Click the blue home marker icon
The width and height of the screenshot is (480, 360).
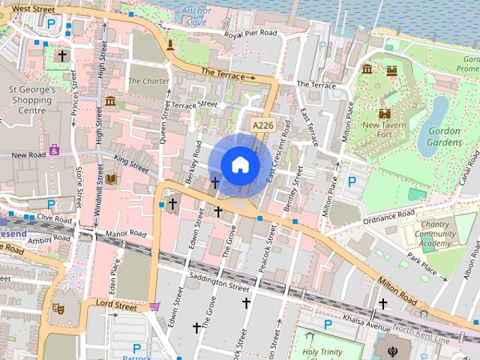coord(239,165)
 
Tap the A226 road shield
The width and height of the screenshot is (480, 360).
coord(262,125)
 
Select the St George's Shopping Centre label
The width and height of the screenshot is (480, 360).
coord(32,100)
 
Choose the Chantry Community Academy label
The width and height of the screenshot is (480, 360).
coord(435,234)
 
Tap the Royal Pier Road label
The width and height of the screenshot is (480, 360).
coord(257,34)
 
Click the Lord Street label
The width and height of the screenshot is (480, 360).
coord(116,306)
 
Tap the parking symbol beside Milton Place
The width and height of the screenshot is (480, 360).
coord(352,181)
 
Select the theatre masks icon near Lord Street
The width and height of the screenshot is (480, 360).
coord(58,308)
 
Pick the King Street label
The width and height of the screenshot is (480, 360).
coord(132,163)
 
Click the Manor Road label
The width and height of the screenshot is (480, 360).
coord(125,234)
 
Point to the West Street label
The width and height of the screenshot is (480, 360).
coord(34,8)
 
